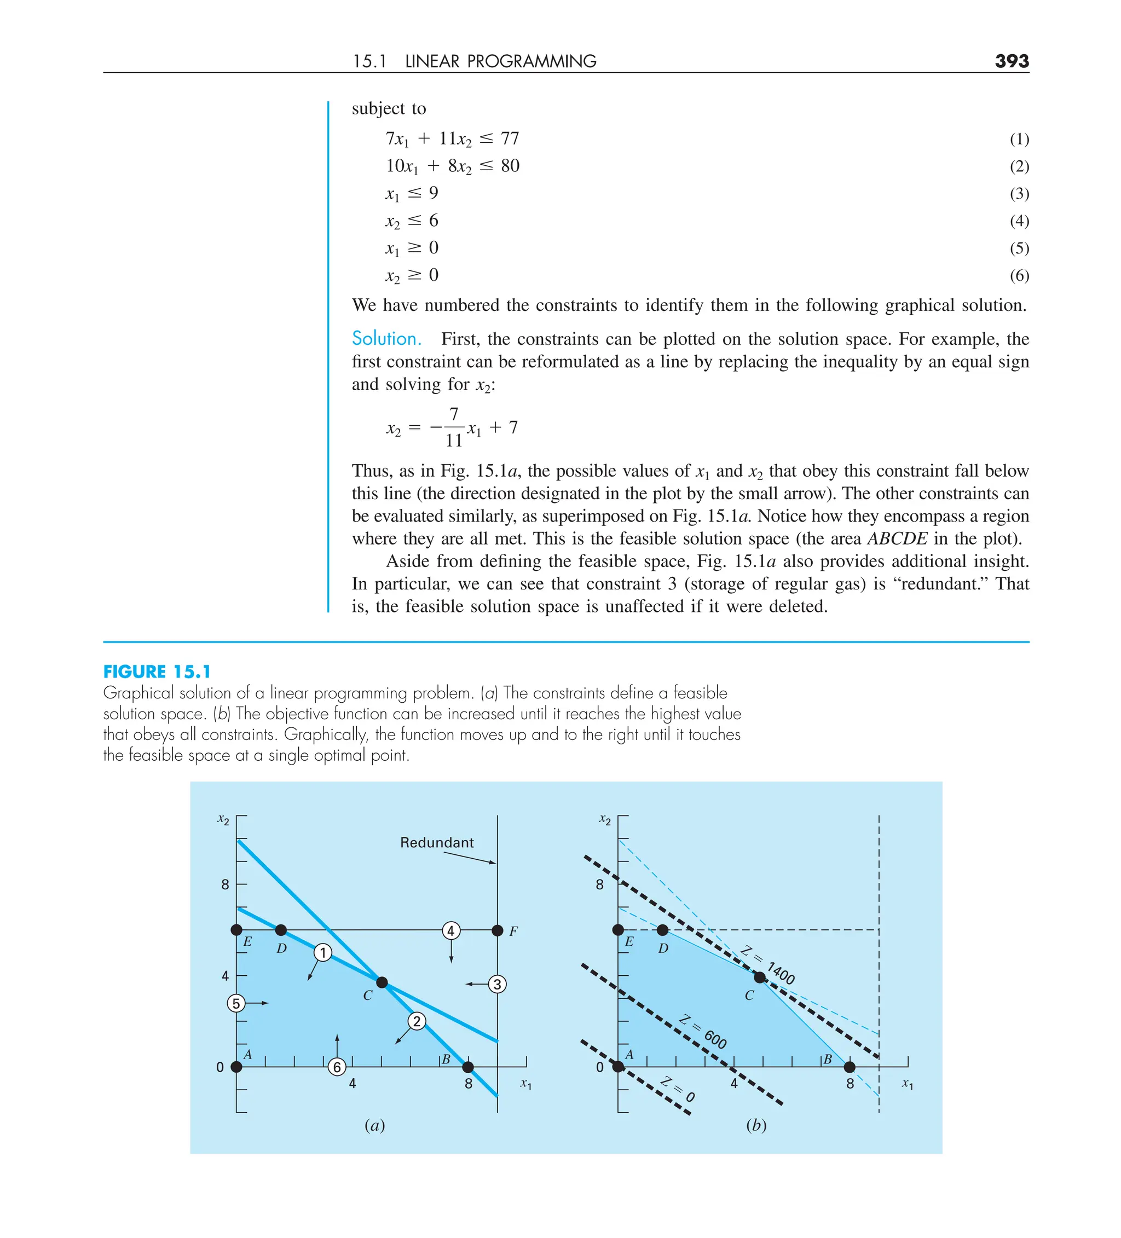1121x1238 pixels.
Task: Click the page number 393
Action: pos(1011,61)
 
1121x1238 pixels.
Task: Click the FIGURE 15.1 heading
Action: pos(157,671)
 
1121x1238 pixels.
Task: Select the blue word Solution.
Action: pos(386,338)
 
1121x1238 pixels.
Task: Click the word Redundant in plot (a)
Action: pos(437,842)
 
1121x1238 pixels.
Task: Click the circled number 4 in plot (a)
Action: pos(451,930)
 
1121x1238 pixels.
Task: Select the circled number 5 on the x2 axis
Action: pos(236,1003)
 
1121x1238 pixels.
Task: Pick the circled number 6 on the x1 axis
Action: pos(337,1067)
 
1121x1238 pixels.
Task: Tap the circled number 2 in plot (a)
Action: pos(417,1021)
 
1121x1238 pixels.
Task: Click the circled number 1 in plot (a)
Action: pos(323,952)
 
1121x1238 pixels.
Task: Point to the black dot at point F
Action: pos(498,930)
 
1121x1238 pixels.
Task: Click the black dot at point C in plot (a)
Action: pos(382,982)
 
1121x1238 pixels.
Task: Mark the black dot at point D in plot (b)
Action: pos(662,930)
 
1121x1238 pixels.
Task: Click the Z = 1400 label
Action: pos(768,965)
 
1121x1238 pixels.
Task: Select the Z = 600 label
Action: pos(704,1032)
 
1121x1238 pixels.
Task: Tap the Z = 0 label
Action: pos(678,1089)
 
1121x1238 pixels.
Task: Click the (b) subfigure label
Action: pos(755,1125)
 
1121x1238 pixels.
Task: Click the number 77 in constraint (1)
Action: pos(510,139)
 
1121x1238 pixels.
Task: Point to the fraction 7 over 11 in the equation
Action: pos(453,427)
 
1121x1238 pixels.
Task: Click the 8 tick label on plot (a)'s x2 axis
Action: pos(225,885)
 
